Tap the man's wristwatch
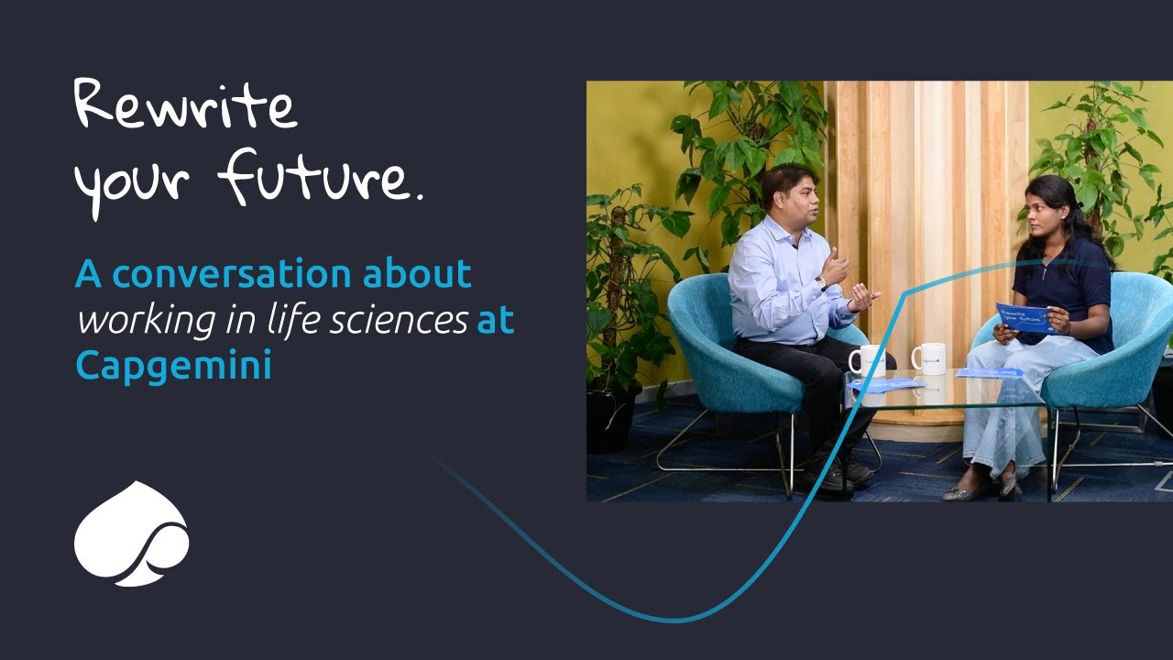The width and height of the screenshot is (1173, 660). tap(822, 282)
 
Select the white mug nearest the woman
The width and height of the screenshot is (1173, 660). tap(929, 357)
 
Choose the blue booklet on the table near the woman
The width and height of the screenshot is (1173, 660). tap(989, 373)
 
